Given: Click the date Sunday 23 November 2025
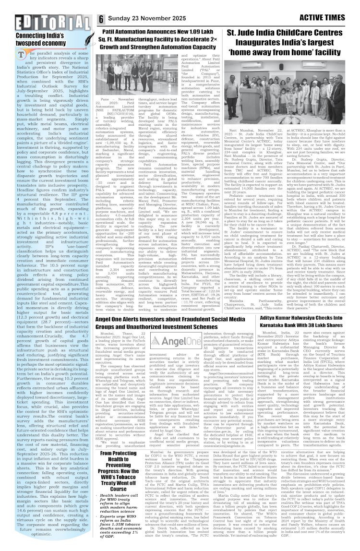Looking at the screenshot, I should (x=146, y=19).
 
